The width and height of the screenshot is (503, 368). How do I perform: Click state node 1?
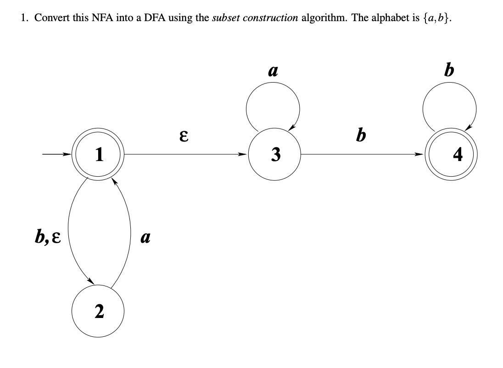coord(98,155)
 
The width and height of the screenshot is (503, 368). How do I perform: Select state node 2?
coord(98,312)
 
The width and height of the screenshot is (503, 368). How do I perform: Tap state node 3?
coord(274,155)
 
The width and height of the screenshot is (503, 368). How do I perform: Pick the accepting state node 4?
coord(451,155)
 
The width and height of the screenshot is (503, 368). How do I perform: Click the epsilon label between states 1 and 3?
coord(184,136)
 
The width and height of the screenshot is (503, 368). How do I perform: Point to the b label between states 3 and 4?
coord(362,135)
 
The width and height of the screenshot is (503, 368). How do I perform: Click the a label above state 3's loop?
coord(273,71)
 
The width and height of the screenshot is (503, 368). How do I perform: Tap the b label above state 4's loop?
coord(449,70)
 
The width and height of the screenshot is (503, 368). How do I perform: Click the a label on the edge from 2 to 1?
coord(145,238)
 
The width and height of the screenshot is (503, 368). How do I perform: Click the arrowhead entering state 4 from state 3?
coord(421,155)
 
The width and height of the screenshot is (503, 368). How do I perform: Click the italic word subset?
coord(226,18)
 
